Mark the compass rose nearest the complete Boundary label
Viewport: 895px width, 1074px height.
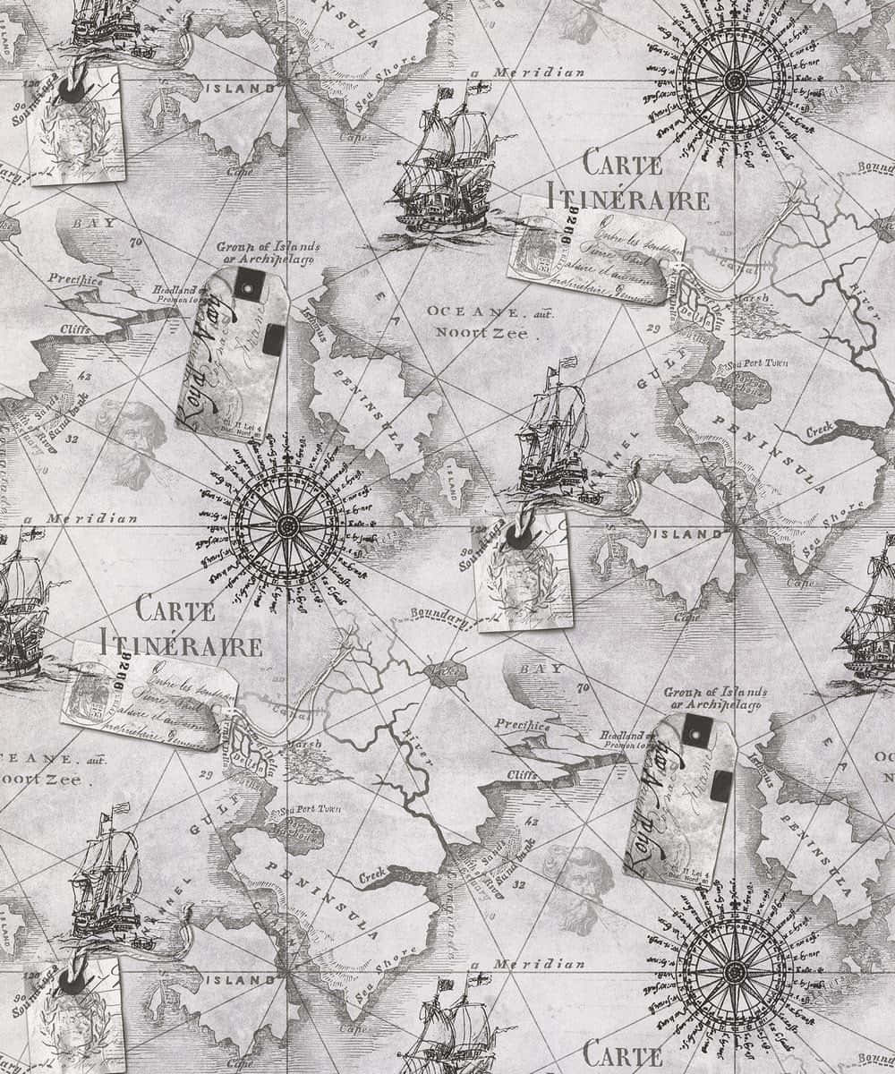285,524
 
